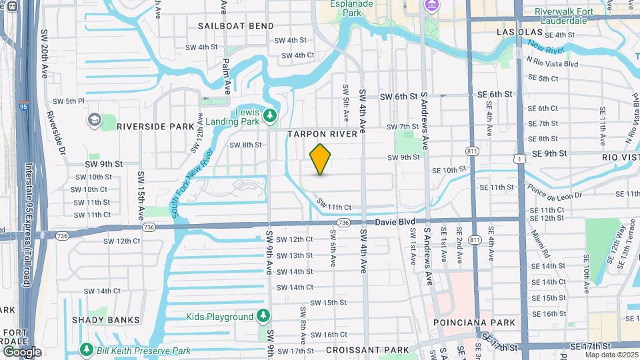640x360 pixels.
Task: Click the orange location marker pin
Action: pyautogui.click(x=320, y=159)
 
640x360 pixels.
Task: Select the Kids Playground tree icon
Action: pyautogui.click(x=264, y=316)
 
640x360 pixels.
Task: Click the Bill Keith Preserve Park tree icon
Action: pyautogui.click(x=85, y=350)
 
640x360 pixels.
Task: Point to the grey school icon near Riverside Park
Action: pyautogui.click(x=93, y=119)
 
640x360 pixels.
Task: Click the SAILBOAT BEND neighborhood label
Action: pyautogui.click(x=235, y=26)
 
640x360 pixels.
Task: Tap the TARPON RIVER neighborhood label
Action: pyautogui.click(x=323, y=134)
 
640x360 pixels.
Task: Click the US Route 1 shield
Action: pyautogui.click(x=518, y=157)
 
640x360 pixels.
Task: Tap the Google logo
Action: pyautogui.click(x=21, y=351)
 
